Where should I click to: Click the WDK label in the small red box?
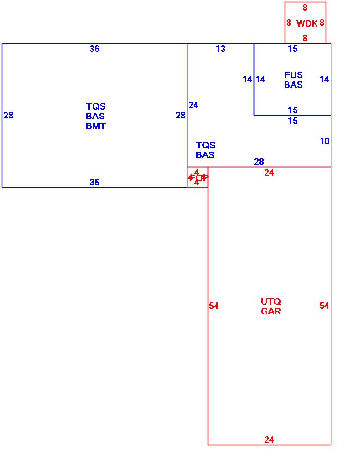tap(307, 23)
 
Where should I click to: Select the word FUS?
tap(293, 75)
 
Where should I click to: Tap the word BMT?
tap(96, 126)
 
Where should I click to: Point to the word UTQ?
tap(271, 301)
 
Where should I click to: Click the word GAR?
tap(271, 311)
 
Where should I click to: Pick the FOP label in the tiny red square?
tap(198, 177)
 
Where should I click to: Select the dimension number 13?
tap(221, 49)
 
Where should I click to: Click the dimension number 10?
tap(324, 141)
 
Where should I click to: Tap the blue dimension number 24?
tap(194, 105)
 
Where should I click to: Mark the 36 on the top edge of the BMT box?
tap(94, 49)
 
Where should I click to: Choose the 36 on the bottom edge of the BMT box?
tap(94, 183)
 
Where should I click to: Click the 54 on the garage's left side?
tap(214, 306)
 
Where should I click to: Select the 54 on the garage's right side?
tap(324, 306)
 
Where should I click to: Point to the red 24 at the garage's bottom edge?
tap(269, 439)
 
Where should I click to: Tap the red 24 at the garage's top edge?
tap(269, 173)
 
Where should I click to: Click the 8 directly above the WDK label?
tap(305, 8)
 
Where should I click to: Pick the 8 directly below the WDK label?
tap(305, 38)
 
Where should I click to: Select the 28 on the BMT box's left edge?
tap(8, 115)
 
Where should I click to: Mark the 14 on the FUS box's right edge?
tap(324, 80)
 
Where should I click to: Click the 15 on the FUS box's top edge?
tap(293, 49)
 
